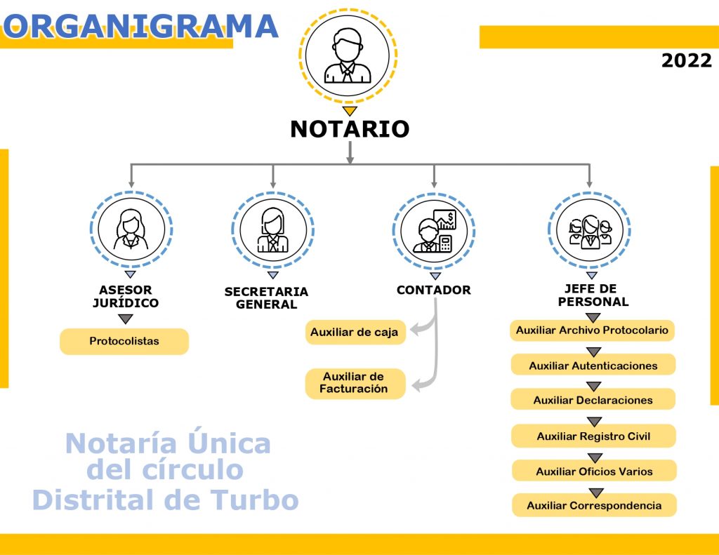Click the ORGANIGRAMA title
click(140, 26)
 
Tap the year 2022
click(687, 60)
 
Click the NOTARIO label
click(350, 129)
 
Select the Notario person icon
click(348, 55)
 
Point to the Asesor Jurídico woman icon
click(131, 229)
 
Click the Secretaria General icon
click(273, 230)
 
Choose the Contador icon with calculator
click(434, 231)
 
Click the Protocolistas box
click(124, 342)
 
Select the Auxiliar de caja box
click(355, 333)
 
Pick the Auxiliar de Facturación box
click(355, 383)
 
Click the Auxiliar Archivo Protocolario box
click(592, 330)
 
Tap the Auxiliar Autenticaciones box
click(593, 366)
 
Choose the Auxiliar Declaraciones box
click(593, 400)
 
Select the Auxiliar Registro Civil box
click(594, 436)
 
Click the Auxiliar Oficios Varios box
click(594, 471)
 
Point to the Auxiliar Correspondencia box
click(594, 505)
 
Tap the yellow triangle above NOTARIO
click(350, 111)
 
